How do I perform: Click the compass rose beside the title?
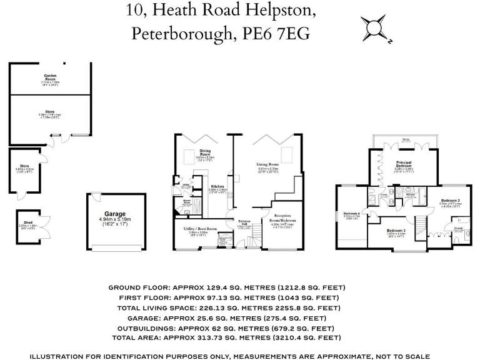coord(374,29)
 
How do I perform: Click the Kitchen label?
coord(217,186)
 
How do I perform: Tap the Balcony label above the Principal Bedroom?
coord(406,141)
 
